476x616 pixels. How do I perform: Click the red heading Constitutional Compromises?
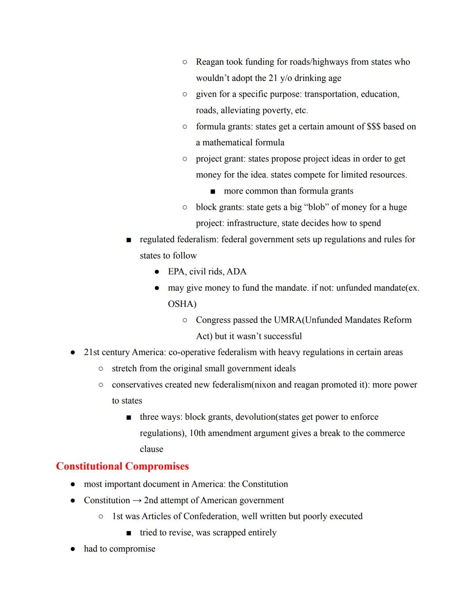pos(122,466)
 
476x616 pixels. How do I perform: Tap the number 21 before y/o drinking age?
pos(273,78)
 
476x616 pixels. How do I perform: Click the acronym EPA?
pos(176,272)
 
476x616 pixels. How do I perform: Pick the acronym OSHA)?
pos(182,304)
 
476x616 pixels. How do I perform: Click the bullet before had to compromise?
pos(73,549)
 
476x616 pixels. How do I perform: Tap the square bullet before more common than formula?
pos(213,191)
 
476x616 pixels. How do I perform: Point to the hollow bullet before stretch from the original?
pos(101,368)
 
